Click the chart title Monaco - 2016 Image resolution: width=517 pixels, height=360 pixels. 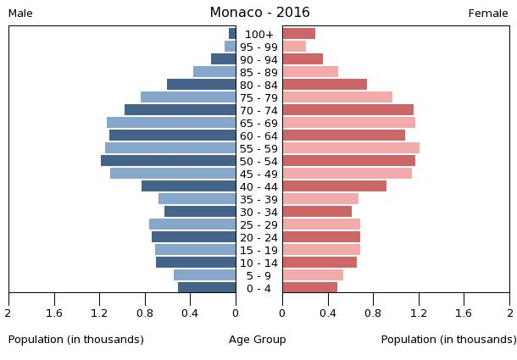click(259, 13)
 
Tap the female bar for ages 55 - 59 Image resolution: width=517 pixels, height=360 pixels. click(351, 148)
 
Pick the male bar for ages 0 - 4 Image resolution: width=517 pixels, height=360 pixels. click(207, 288)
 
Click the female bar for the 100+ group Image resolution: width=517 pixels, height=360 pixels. click(298, 34)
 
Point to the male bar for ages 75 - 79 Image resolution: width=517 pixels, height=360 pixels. click(188, 97)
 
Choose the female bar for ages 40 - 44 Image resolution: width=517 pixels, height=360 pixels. click(334, 186)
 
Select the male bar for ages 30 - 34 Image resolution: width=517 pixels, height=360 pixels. click(200, 212)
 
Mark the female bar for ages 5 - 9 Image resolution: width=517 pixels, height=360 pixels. click(313, 275)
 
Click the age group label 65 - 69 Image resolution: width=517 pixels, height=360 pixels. click(258, 124)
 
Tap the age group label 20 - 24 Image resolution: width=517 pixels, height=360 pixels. click(258, 238)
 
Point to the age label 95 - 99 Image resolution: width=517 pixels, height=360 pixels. click(258, 47)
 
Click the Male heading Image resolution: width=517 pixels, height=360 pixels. click(20, 14)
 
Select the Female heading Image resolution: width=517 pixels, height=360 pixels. click(488, 14)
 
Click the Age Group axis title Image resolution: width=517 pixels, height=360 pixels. click(258, 340)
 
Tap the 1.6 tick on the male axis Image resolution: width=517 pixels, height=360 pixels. click(55, 313)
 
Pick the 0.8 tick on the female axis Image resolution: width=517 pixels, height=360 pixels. click(373, 313)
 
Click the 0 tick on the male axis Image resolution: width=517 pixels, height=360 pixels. click(236, 313)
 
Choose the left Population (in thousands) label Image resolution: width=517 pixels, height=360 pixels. click(76, 340)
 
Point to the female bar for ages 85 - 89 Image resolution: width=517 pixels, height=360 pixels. click(310, 72)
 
